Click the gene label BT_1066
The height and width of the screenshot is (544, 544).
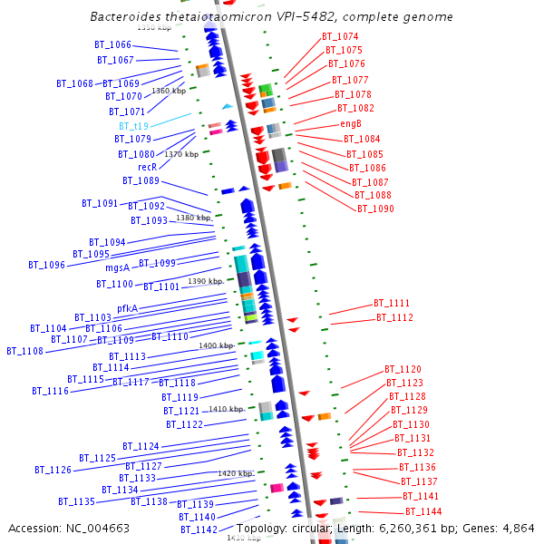(112, 44)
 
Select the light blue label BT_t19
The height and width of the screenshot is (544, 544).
(133, 126)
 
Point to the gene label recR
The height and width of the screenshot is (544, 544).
(147, 168)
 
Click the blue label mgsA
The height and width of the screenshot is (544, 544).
(118, 267)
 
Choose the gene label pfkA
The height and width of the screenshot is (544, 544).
(114, 308)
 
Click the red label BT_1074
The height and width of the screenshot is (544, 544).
(340, 37)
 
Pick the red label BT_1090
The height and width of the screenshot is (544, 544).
(374, 209)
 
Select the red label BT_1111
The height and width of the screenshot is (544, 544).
(392, 303)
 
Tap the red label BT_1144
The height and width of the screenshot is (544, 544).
(423, 512)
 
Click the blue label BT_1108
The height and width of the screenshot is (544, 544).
(24, 351)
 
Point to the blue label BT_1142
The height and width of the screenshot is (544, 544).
(199, 529)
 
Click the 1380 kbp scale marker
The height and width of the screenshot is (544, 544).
(193, 218)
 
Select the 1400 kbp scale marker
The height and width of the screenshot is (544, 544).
(216, 345)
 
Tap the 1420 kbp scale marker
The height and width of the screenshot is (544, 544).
(235, 473)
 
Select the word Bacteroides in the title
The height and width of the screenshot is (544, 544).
(124, 17)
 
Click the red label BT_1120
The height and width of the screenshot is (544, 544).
(403, 370)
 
